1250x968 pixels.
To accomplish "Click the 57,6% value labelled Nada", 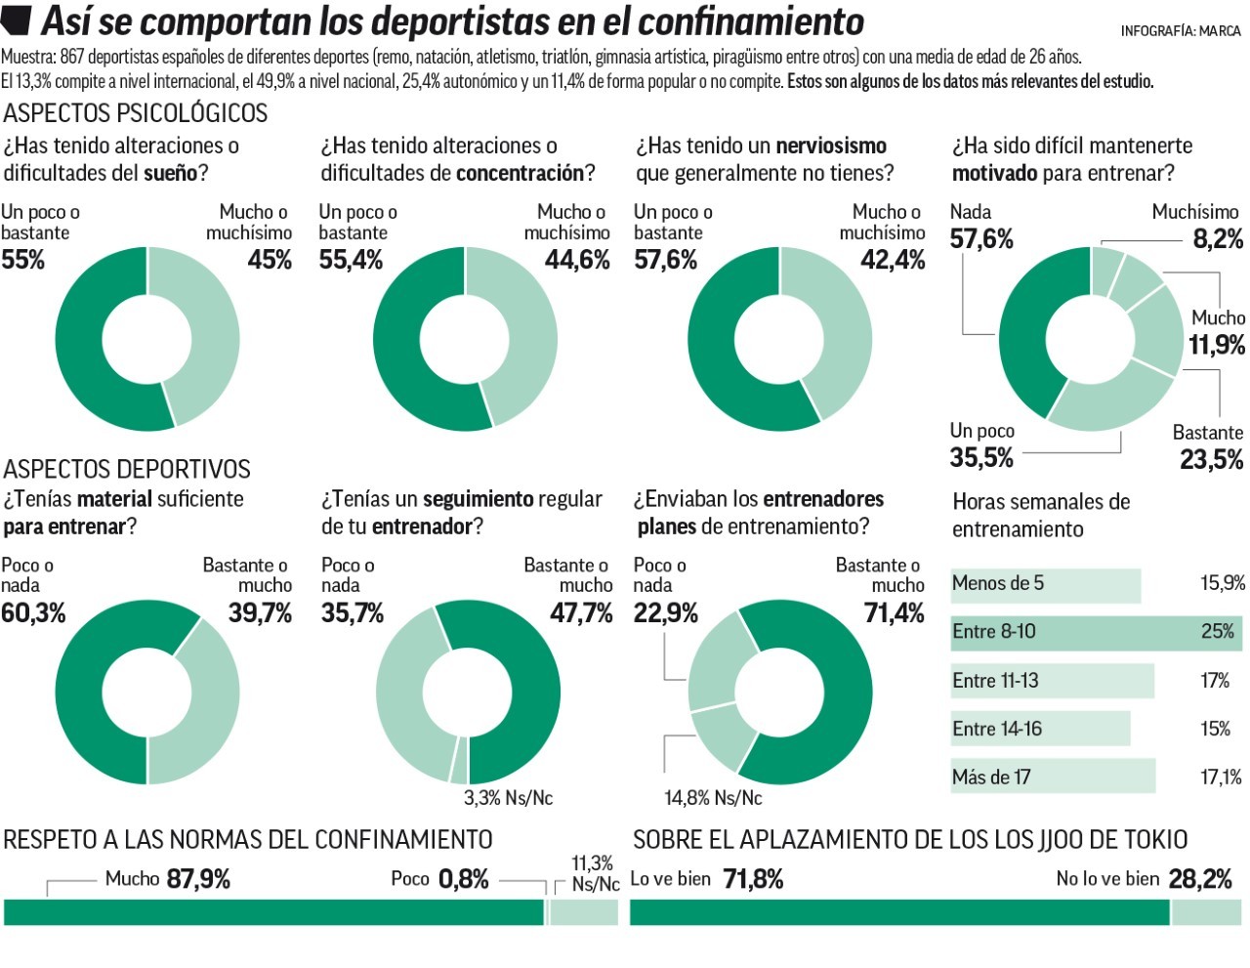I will tap(981, 239).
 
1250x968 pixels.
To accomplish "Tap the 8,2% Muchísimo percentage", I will tap(1218, 239).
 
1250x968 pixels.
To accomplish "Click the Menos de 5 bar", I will tap(1045, 584).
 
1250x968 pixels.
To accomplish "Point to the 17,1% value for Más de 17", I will tap(1222, 778).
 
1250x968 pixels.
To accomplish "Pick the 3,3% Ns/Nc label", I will tap(508, 798).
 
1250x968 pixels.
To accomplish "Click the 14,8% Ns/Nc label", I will tap(713, 798).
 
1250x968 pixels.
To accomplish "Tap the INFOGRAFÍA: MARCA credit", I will tap(1181, 31).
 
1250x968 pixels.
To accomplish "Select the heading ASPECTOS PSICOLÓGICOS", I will tap(135, 113).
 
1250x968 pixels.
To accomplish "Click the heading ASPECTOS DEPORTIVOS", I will tap(127, 469).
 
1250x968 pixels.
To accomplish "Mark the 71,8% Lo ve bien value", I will tap(753, 879).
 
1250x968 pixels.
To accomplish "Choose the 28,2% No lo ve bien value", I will tap(1200, 879).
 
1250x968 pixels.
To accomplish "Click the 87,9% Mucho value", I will tap(198, 879).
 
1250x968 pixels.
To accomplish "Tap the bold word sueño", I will tap(170, 173).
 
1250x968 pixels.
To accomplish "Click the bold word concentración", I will tap(520, 173).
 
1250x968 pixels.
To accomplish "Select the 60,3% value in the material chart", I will tap(33, 613).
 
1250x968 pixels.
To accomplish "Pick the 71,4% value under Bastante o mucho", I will tap(894, 613).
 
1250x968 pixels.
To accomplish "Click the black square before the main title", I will tap(20, 19).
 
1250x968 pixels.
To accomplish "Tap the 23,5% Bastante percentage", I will tap(1211, 459).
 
